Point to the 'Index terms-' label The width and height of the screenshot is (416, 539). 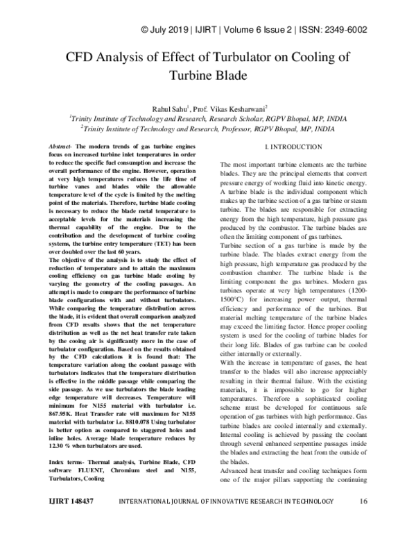point(66,442)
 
